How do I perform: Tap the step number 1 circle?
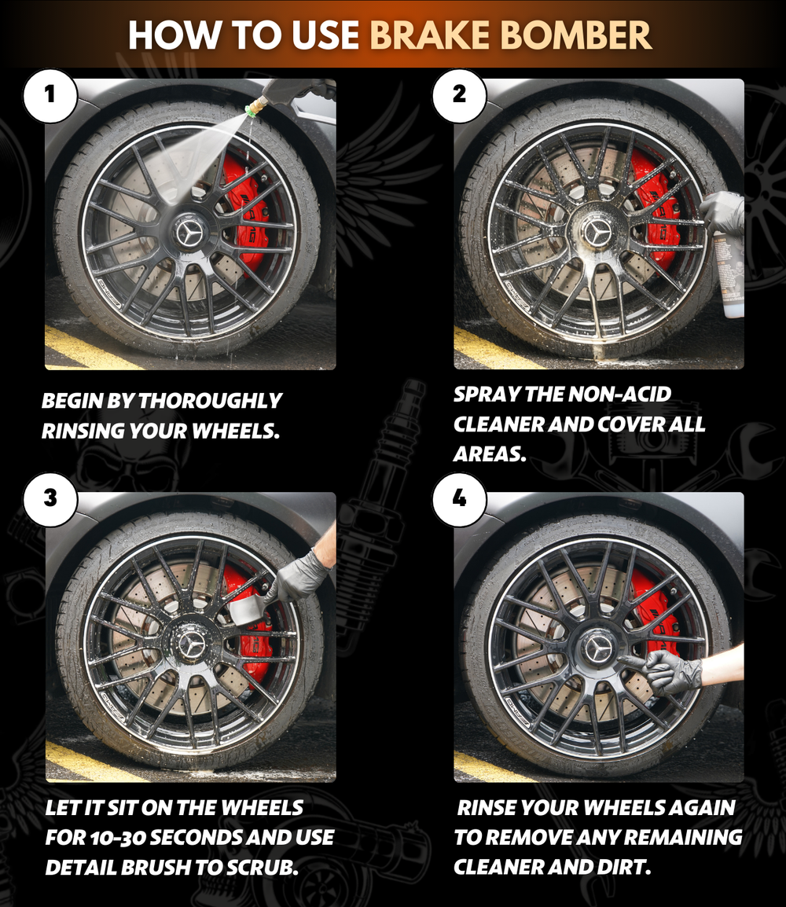point(50,95)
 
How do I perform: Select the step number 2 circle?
point(459,95)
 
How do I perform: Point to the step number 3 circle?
point(50,498)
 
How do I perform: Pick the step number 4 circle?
point(459,498)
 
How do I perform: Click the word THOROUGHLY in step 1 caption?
point(210,401)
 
